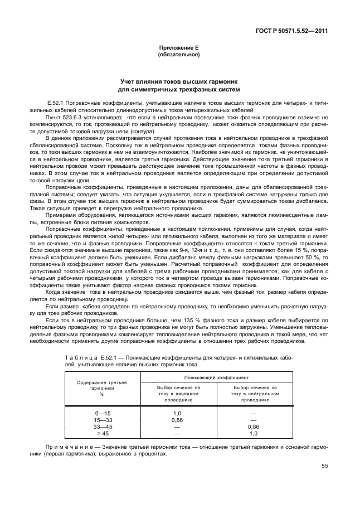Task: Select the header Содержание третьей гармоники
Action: click(101, 386)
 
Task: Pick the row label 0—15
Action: click(103, 413)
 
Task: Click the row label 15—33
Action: click(103, 419)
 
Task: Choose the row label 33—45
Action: click(103, 426)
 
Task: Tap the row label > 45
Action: click(103, 433)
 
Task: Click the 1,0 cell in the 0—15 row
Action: click(178, 413)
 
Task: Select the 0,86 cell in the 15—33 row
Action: click(178, 419)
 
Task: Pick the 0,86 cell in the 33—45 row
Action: click(254, 426)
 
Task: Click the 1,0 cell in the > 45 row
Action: click(254, 433)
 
